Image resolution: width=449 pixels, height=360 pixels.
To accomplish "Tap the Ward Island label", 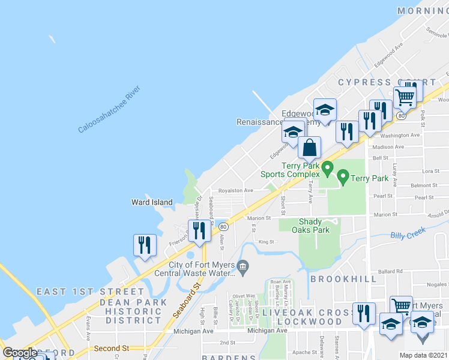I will [152, 202].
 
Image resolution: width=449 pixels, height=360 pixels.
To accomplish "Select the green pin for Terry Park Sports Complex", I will [328, 169].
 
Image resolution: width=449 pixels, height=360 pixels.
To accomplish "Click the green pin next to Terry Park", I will [343, 177].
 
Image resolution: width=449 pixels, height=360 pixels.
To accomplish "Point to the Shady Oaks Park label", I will [311, 225].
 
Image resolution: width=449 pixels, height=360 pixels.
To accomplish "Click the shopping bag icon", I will [310, 148].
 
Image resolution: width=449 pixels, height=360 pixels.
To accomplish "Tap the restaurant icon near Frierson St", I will [200, 231].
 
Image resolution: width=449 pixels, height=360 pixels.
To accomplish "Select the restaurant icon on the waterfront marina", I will [145, 245].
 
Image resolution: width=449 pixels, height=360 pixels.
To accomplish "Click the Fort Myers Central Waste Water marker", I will [243, 266].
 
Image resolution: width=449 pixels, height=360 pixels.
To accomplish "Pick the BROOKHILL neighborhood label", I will [344, 279].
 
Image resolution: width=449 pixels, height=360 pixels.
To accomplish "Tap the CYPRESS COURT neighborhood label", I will [387, 82].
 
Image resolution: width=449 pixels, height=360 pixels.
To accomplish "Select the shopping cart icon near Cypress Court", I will [405, 97].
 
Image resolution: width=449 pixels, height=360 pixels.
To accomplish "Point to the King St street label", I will [266, 242].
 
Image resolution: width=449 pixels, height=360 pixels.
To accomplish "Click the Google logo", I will [20, 353].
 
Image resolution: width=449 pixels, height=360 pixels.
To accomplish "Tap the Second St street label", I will [111, 348].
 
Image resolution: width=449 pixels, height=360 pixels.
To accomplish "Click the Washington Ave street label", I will [399, 136].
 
